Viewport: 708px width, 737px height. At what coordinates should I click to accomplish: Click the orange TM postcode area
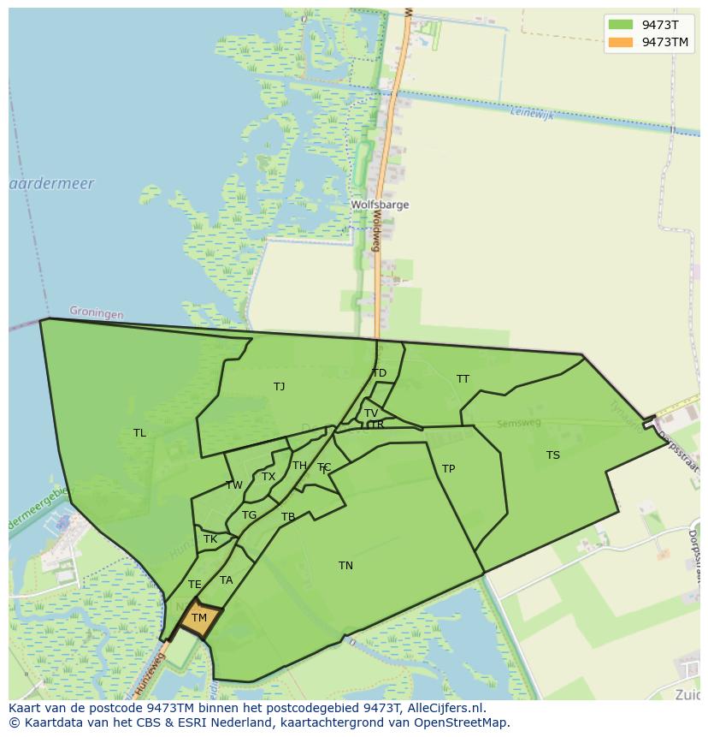point(198,620)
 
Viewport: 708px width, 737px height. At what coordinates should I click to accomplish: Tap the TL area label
point(139,433)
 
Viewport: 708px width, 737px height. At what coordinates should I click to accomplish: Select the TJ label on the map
point(279,387)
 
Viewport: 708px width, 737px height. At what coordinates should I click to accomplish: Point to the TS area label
point(553,455)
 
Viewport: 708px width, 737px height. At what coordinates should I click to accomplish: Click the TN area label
point(345,566)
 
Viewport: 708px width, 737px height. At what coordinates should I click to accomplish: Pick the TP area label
point(448,469)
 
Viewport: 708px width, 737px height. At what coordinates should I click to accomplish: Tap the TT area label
point(463,379)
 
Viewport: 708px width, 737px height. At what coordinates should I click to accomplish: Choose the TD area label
point(379,373)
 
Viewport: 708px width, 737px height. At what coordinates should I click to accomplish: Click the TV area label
point(371,413)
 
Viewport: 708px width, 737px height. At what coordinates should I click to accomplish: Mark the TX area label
point(268,477)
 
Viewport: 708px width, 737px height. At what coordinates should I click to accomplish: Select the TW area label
point(233,485)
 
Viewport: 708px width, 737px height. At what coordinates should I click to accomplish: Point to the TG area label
point(249,515)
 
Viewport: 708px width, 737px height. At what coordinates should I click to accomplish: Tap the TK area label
point(210,540)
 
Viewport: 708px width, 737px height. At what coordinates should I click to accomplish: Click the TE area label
point(195,585)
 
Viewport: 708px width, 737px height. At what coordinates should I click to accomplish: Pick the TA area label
point(226,580)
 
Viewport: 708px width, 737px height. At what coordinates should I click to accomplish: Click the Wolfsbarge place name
point(380,205)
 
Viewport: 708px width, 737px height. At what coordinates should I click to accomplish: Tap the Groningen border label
point(96,313)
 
